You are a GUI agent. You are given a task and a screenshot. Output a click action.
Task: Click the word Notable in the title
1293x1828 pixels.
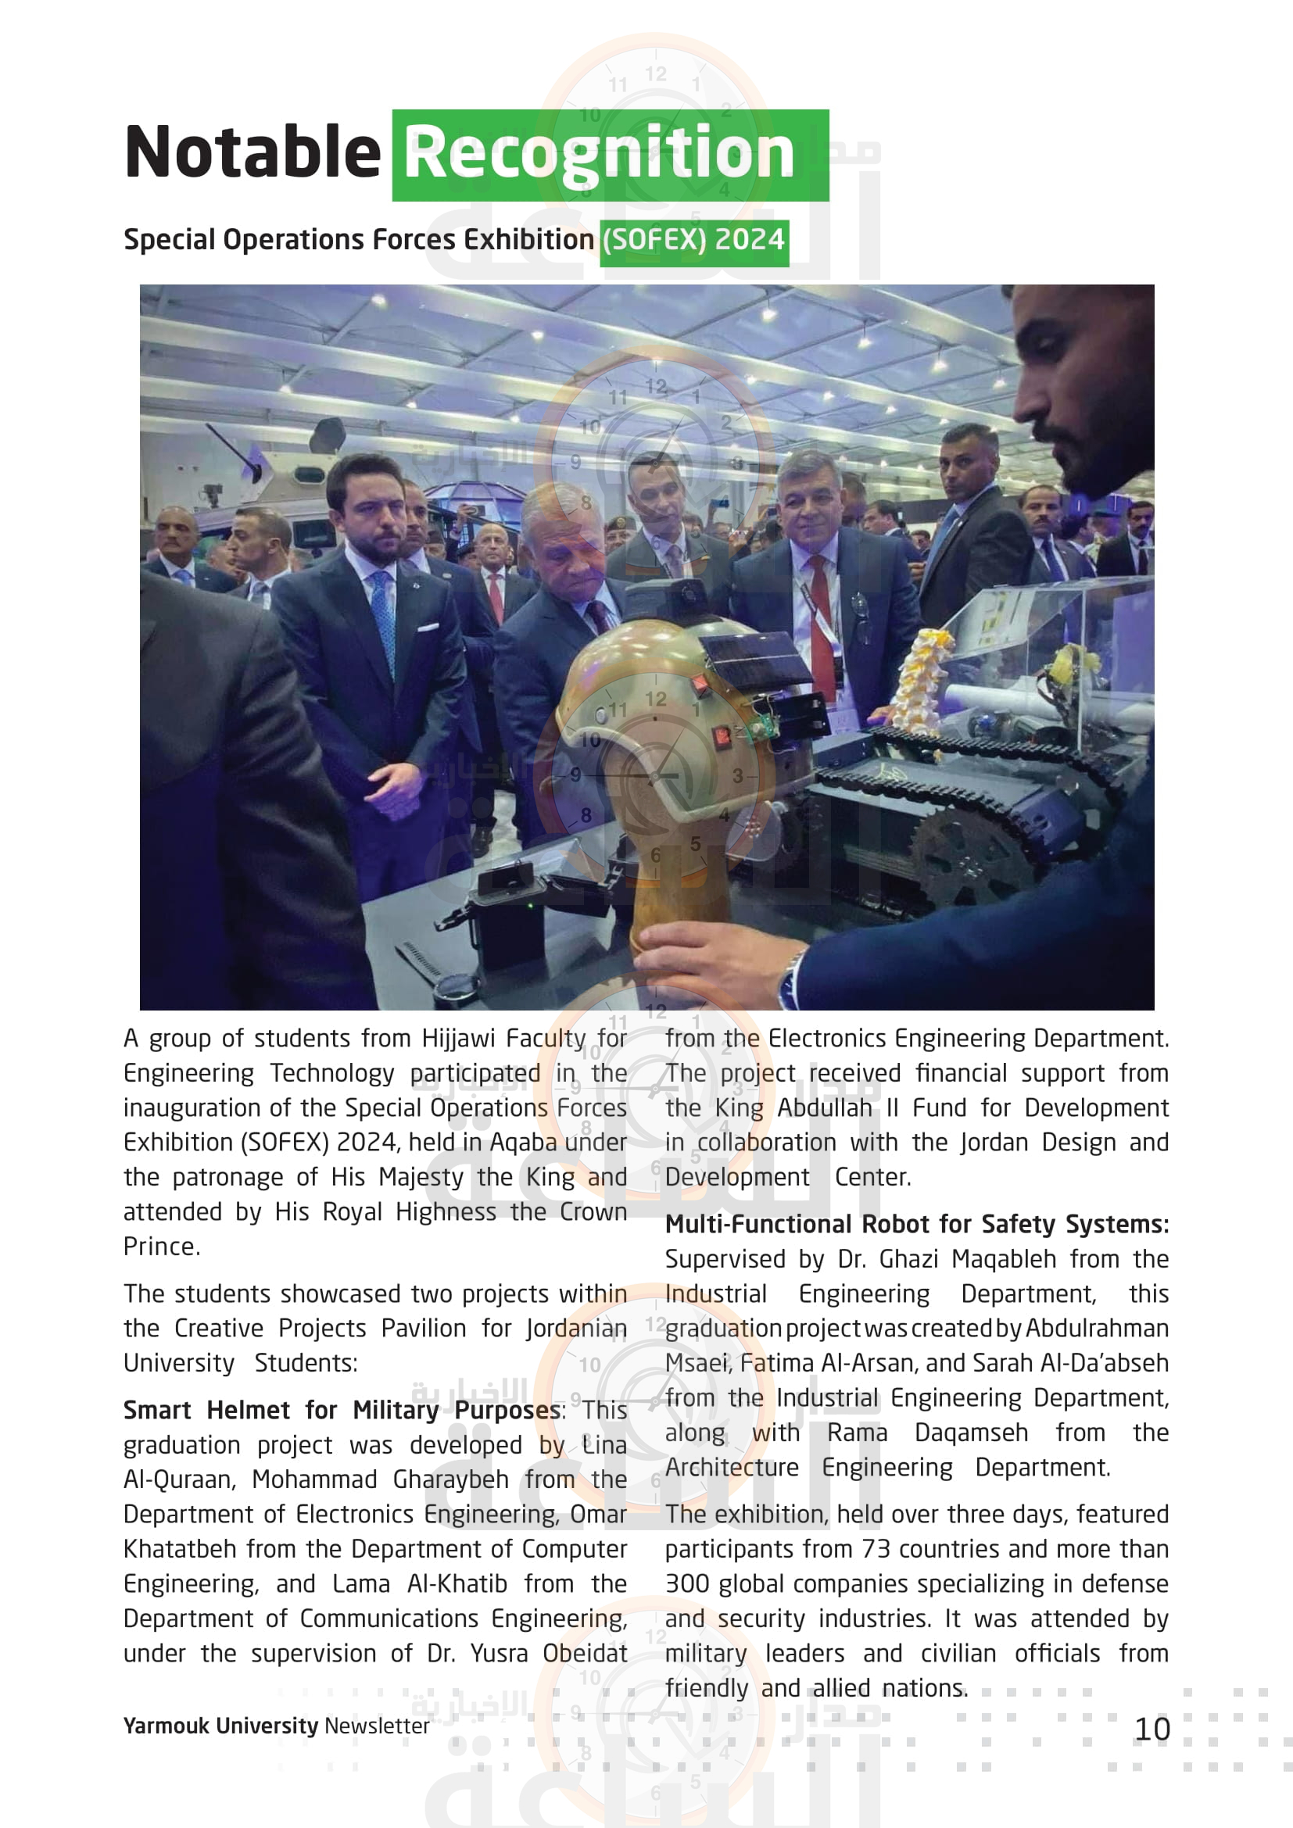pos(253,152)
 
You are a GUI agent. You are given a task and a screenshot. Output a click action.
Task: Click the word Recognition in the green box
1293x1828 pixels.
pos(600,152)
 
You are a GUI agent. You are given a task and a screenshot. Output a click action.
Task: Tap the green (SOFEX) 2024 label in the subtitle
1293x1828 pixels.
pos(693,241)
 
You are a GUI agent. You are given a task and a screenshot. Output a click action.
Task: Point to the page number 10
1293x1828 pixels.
pos(1152,1729)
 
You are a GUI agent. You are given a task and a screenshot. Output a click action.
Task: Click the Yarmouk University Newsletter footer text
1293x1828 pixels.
pos(275,1726)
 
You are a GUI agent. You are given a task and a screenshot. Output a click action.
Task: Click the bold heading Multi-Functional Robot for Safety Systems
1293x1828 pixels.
pos(915,1224)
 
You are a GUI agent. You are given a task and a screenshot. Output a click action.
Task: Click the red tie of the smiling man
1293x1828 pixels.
pos(820,621)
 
